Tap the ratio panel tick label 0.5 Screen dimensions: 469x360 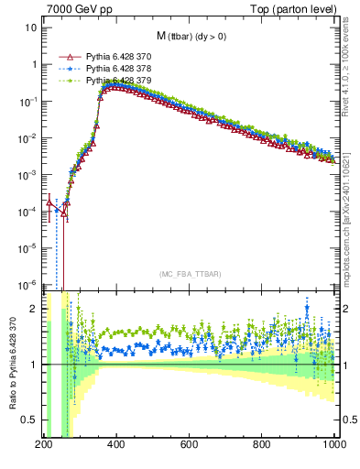[x=29, y=420]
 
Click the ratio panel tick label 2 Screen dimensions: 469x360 [x=34, y=309]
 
